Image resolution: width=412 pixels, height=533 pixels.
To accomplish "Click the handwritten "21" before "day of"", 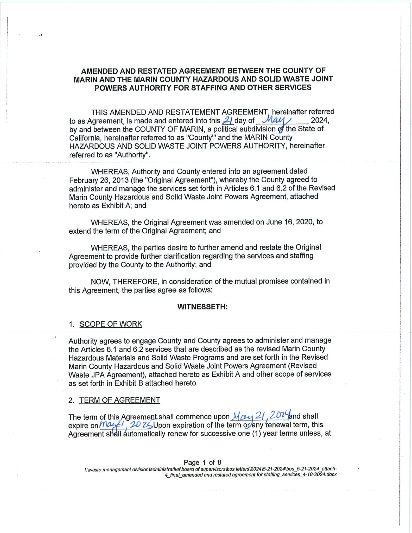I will (227, 120).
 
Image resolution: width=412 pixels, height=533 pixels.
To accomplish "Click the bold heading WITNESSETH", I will (202, 307).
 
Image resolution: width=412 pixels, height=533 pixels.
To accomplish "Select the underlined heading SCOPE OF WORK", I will (111, 324).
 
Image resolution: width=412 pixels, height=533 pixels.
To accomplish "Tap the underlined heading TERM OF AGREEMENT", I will (120, 400).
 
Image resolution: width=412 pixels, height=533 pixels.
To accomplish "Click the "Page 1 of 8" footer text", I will (202, 462).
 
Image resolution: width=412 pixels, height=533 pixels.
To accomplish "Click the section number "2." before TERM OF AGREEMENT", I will (71, 400).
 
